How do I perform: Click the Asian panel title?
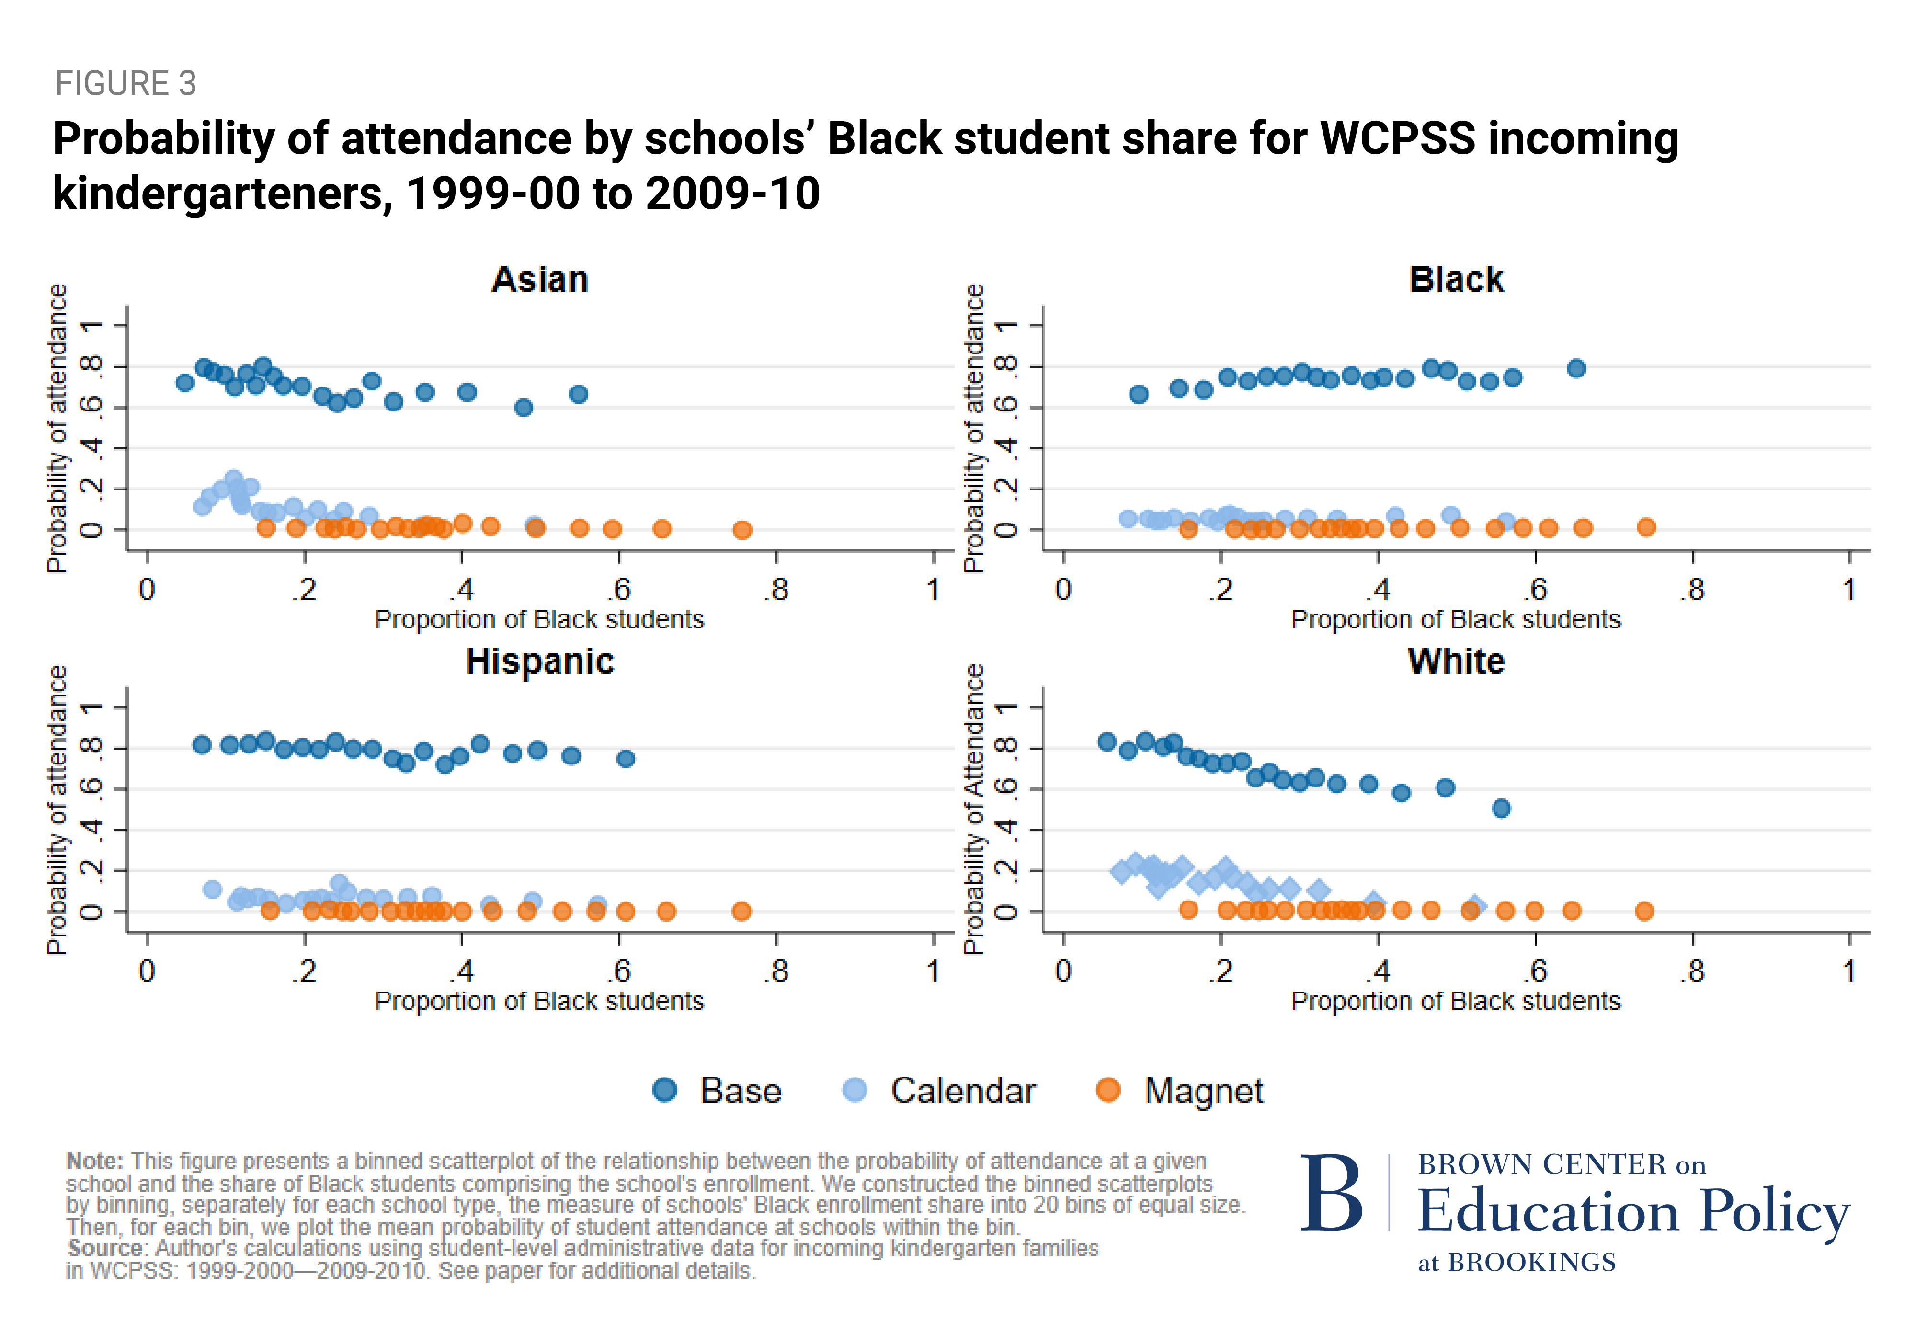tap(540, 280)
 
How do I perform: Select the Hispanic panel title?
tap(540, 662)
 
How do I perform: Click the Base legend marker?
tap(664, 1090)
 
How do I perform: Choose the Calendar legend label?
tap(963, 1091)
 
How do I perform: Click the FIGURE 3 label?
tap(126, 84)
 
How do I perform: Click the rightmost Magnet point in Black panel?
tap(1646, 527)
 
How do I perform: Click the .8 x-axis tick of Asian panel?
tap(776, 590)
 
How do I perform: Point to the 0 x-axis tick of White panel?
tap(1063, 971)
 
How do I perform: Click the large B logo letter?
tap(1331, 1194)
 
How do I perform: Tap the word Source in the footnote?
tap(106, 1248)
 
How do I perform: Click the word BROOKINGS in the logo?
tap(1532, 1262)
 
